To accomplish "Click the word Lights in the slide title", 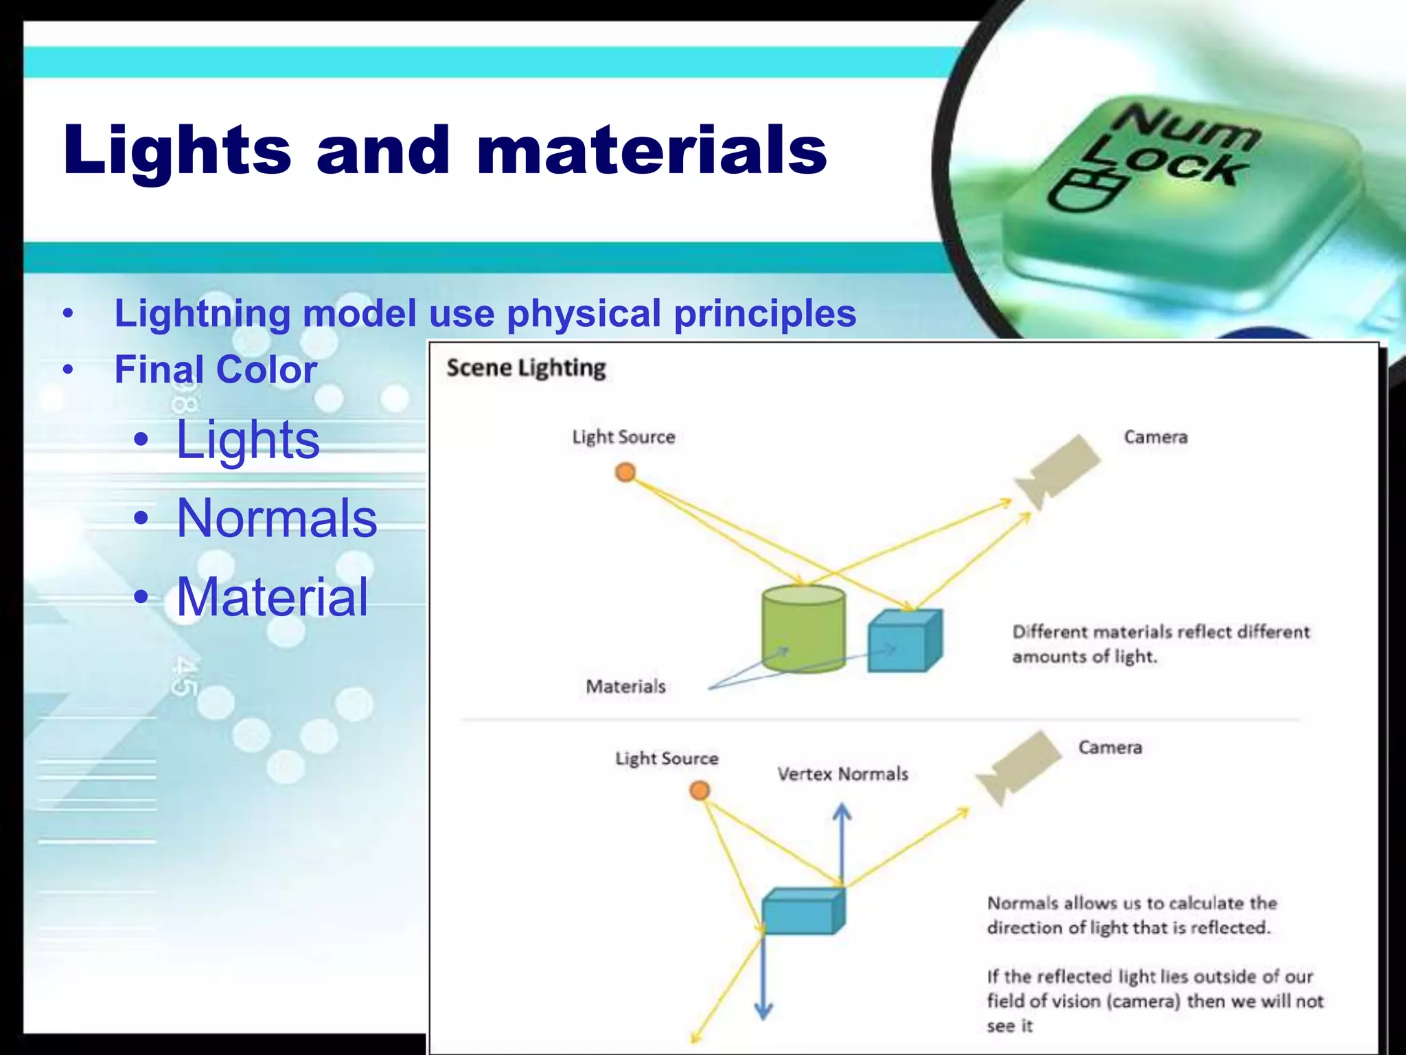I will [177, 151].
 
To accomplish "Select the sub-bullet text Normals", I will [277, 518].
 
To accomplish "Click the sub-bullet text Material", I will [273, 597].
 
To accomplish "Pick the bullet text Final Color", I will [216, 370].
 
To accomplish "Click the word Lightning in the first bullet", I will [203, 313].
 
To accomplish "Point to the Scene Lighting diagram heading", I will [526, 368].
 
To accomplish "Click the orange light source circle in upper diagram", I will [625, 473].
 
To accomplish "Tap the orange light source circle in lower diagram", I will [699, 791].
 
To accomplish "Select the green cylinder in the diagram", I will [803, 628].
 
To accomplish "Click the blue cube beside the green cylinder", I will [903, 642].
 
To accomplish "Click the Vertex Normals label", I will [842, 774].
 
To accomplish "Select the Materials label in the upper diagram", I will [625, 686].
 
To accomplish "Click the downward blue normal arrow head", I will [763, 1010].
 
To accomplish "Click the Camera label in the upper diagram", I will [1155, 437].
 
